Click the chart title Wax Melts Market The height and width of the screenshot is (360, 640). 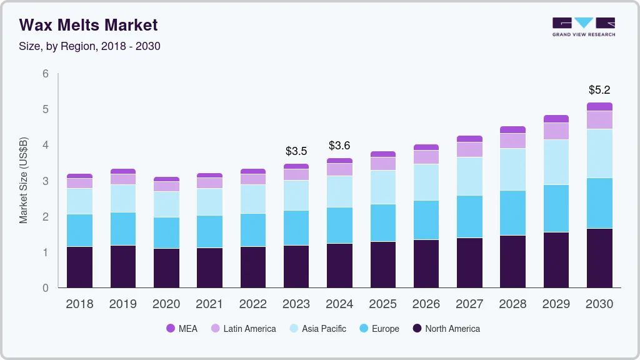[x=88, y=25]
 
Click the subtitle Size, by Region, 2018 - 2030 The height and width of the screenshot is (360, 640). [x=90, y=46]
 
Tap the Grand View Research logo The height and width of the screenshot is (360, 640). [x=583, y=26]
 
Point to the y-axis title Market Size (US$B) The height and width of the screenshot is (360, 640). [x=24, y=180]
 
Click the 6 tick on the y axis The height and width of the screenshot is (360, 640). [x=46, y=74]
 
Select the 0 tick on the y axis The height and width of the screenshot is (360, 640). [x=46, y=288]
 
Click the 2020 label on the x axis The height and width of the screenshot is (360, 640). [x=166, y=304]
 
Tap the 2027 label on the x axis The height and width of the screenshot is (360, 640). [x=469, y=304]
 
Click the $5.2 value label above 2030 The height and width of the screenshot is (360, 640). [x=599, y=90]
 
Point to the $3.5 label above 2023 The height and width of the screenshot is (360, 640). [x=296, y=151]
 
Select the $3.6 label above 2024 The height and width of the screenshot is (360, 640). [x=339, y=146]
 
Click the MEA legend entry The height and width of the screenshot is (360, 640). [x=182, y=329]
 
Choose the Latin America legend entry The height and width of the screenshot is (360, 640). [x=243, y=329]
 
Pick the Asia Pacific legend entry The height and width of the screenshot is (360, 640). [x=317, y=329]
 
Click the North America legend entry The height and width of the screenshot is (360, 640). [x=446, y=329]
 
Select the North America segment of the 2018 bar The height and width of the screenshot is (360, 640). [x=79, y=267]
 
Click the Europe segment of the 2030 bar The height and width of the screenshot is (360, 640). [x=599, y=203]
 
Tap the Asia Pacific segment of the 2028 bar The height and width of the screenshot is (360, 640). [x=513, y=169]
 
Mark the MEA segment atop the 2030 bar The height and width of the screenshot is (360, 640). [x=599, y=107]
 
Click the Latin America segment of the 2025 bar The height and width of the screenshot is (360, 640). [x=382, y=164]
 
